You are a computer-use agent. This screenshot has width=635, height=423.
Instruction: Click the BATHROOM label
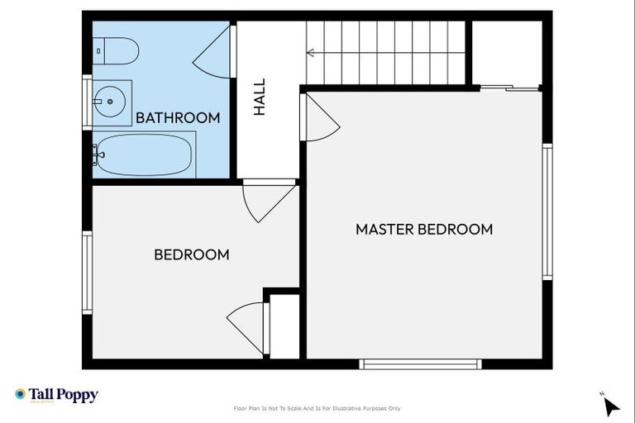[178, 118]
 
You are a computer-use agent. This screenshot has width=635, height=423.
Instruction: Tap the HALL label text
[260, 97]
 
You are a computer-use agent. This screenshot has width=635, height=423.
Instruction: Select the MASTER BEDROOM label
[424, 230]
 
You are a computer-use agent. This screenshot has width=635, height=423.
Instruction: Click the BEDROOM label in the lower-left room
[192, 255]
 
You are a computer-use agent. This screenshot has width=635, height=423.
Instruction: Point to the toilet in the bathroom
[116, 51]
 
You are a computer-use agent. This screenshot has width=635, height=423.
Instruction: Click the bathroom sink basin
[111, 102]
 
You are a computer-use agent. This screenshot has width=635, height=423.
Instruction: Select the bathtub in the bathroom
[143, 154]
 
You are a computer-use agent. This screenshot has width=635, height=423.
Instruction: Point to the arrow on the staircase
[312, 53]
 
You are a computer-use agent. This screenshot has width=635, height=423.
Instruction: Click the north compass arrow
[610, 406]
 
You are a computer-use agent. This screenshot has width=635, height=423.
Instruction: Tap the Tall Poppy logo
[56, 395]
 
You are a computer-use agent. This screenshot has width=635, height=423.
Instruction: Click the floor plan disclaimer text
[317, 408]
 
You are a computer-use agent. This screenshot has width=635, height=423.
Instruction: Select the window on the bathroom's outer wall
[87, 102]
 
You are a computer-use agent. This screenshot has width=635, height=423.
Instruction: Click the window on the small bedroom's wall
[87, 273]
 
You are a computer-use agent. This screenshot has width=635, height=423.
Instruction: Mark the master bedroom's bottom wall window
[421, 364]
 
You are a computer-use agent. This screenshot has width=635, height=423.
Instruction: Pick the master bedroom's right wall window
[547, 212]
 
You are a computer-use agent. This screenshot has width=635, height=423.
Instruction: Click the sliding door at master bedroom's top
[510, 87]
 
